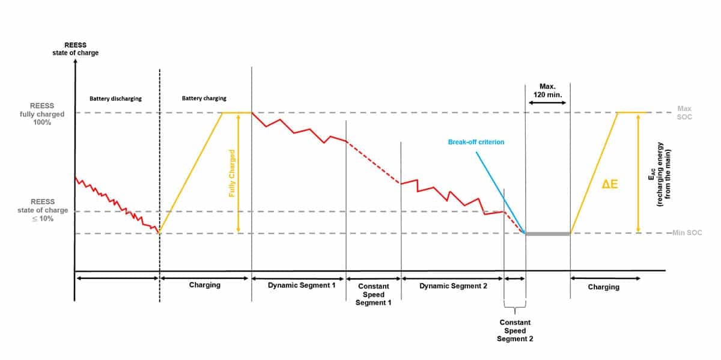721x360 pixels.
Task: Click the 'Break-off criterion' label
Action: [x=476, y=142]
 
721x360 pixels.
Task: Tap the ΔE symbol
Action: [x=610, y=185]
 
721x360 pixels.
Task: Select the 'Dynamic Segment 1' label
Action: [x=302, y=285]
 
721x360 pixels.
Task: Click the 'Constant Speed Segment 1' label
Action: [x=374, y=294]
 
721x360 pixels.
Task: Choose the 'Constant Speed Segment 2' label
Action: [x=515, y=331]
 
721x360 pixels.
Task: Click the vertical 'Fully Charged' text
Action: [x=232, y=174]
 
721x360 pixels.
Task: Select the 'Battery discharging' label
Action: [x=116, y=98]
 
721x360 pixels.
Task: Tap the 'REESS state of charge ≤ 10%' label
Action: [x=43, y=210]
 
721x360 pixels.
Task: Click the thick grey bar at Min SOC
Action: [x=547, y=233]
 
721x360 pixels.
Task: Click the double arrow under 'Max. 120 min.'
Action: [x=547, y=103]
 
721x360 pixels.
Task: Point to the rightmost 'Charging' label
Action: [x=603, y=287]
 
